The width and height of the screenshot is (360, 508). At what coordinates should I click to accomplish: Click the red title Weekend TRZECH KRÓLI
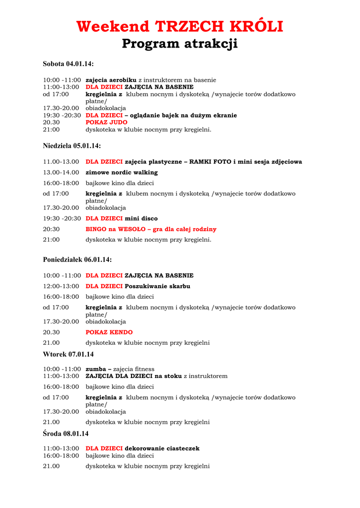point(180,26)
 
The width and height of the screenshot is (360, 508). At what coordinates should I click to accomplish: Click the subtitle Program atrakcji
point(180,44)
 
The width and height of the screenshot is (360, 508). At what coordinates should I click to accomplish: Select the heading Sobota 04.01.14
point(68,64)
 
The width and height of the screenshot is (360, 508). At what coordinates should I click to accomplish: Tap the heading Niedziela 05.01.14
point(72,146)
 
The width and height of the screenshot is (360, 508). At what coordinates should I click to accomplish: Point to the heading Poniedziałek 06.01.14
point(77,259)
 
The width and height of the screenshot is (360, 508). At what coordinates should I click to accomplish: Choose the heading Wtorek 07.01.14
point(68,354)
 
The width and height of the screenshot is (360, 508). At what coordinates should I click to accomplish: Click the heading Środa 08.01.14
point(66,434)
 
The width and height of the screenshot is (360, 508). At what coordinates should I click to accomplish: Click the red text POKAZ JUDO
point(106,123)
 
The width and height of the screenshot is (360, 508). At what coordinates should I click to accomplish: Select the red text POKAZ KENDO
point(109,332)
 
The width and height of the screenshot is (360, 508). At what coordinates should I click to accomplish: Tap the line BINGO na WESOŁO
point(151,229)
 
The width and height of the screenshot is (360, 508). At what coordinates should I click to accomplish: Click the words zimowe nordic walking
point(122,173)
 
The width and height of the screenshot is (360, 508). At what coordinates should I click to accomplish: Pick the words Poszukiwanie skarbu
point(157,286)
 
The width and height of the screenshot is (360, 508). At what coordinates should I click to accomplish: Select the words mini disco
point(141,218)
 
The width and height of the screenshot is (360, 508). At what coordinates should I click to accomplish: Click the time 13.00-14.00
point(61,173)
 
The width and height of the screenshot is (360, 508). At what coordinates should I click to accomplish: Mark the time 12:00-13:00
point(61,286)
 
